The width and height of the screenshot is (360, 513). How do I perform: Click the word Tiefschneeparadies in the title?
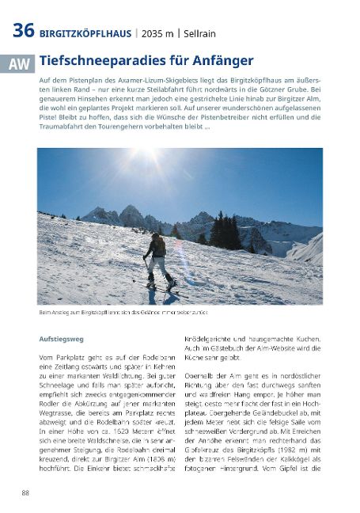click(93, 60)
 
